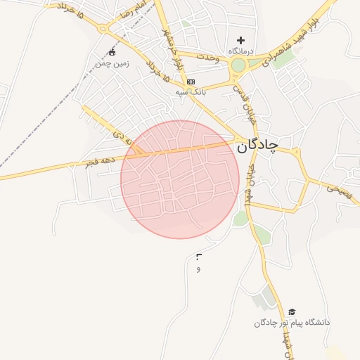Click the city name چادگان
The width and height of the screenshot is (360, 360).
258,145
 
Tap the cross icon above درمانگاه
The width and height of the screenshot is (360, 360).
241,41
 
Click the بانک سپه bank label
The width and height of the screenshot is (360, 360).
191,91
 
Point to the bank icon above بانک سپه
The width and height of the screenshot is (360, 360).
191,82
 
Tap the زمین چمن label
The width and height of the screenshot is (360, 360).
112,63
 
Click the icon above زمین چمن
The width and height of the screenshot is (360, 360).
112,53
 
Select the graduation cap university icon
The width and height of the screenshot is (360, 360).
292,312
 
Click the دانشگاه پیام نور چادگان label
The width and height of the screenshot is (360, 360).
292,323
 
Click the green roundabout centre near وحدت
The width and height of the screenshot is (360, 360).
239,66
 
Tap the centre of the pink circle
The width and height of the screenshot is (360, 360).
180,179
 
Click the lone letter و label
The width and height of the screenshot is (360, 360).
198,269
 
